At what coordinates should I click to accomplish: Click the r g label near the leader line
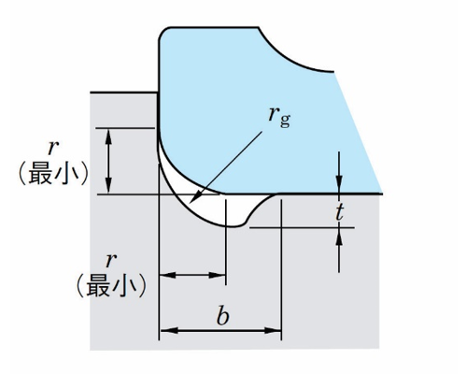pos(279,117)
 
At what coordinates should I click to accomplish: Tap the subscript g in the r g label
pos(285,121)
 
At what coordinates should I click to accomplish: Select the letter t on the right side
pos(339,212)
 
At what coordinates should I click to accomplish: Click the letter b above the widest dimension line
pos(223,315)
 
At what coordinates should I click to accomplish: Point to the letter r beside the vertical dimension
pos(53,148)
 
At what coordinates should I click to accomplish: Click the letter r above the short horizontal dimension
pos(111,260)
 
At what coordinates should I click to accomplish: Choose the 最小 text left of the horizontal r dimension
pos(111,285)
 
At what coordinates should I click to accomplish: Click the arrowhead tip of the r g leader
pos(190,202)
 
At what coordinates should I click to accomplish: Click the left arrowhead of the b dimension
pos(160,330)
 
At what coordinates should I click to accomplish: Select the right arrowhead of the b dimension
pos(281,330)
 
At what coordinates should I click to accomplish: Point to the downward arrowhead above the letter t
pos(339,194)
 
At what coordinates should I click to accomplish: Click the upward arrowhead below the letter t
pos(339,228)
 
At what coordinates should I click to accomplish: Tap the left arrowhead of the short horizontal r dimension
pos(160,275)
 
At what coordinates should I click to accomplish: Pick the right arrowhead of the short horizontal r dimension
pos(225,275)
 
